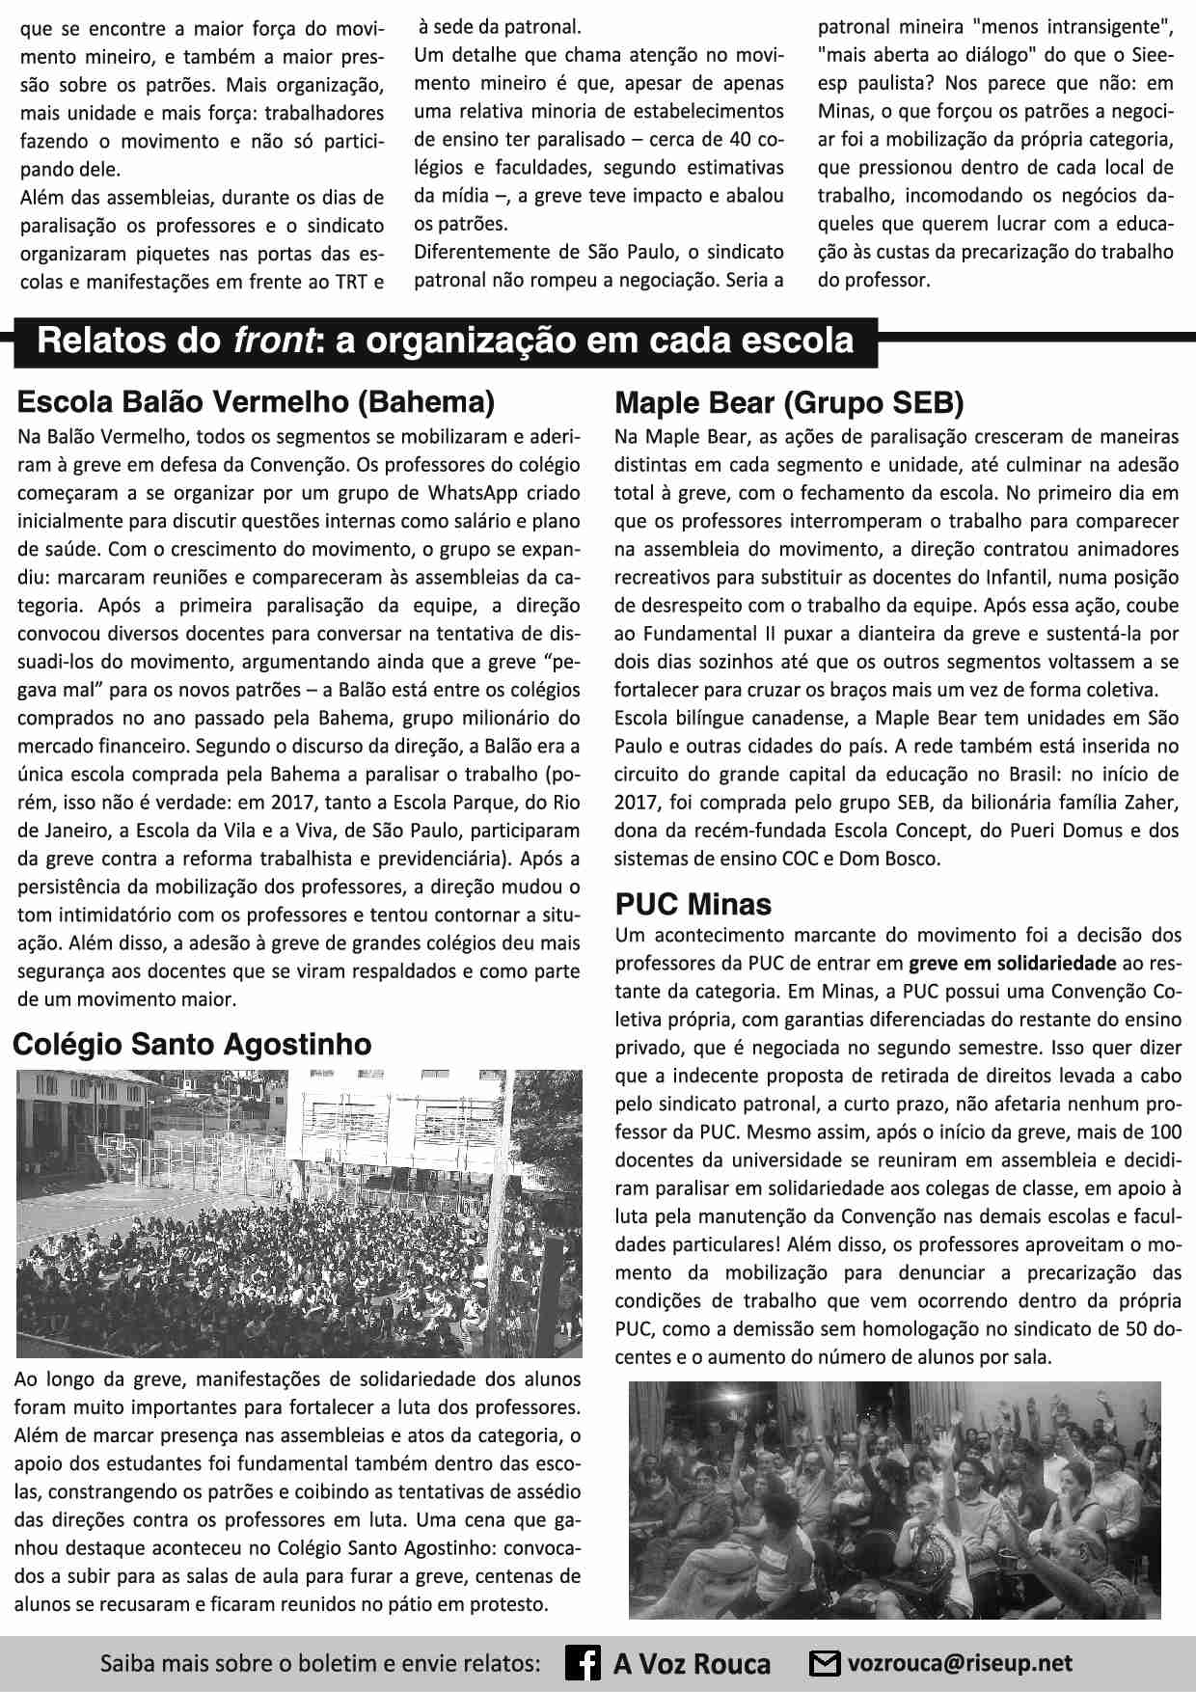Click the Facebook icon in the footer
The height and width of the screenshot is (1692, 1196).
pyautogui.click(x=583, y=1664)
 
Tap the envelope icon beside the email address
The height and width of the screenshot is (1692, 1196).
pyautogui.click(x=824, y=1664)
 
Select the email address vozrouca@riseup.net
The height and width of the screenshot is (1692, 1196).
pyautogui.click(x=960, y=1664)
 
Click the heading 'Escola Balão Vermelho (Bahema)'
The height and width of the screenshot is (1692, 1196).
pyautogui.click(x=256, y=401)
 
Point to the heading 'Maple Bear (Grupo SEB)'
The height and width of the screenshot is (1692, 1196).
pyautogui.click(x=789, y=402)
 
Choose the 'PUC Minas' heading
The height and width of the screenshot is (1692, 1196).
pyautogui.click(x=693, y=904)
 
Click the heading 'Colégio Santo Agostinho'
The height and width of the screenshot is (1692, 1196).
pyautogui.click(x=193, y=1044)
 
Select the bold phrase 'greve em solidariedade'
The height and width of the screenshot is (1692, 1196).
pyautogui.click(x=1013, y=963)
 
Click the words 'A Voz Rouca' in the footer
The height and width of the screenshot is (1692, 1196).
pyautogui.click(x=692, y=1664)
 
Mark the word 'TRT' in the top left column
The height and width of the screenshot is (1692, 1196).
pyautogui.click(x=344, y=282)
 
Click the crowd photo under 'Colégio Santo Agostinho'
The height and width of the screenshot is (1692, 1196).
pyautogui.click(x=299, y=1213)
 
